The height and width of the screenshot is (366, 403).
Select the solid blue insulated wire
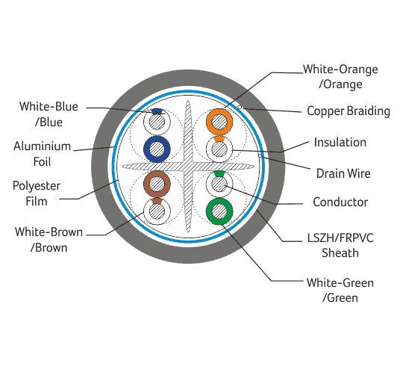(x=147, y=149)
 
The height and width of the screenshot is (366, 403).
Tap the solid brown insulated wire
(x=147, y=184)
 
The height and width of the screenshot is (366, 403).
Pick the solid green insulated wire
(x=210, y=211)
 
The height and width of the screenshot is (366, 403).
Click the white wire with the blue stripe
(x=147, y=122)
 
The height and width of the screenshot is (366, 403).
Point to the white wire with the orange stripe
(x=210, y=149)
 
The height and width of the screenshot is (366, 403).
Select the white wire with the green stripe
(x=210, y=184)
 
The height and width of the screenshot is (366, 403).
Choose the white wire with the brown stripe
(x=147, y=211)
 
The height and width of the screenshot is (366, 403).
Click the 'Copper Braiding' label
(x=349, y=111)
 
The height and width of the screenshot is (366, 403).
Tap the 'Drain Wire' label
(x=343, y=173)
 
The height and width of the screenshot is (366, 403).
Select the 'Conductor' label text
(x=340, y=202)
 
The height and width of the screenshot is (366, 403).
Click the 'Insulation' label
(x=340, y=142)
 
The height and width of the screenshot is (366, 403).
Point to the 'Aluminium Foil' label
(x=42, y=154)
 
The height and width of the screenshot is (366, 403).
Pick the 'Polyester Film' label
(x=37, y=193)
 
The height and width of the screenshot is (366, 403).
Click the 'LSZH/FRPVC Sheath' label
(x=340, y=245)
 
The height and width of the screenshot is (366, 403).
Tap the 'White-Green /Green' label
(x=340, y=290)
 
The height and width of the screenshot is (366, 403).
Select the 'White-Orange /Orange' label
(x=340, y=77)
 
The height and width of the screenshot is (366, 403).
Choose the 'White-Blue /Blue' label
(x=49, y=114)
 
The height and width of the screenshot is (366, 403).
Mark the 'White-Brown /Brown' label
(x=49, y=240)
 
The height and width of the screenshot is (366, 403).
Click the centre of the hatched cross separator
(x=188, y=167)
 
